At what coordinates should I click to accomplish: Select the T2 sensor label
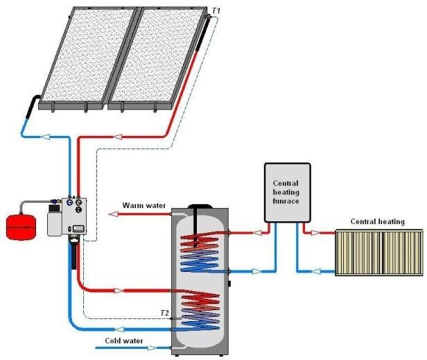click(164, 313)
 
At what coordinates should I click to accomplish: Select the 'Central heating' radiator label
click(377, 222)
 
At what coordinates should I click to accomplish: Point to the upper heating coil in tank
click(201, 253)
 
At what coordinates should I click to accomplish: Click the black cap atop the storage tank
click(202, 206)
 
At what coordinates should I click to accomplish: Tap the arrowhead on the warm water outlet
click(115, 215)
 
